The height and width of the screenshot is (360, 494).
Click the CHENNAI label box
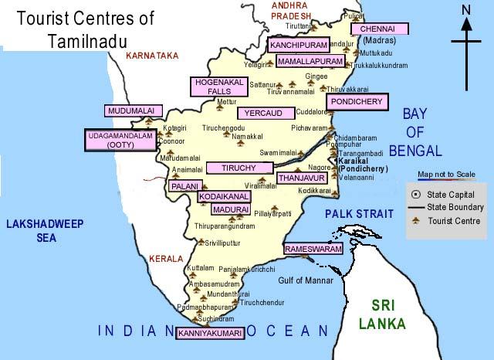(x=378, y=29)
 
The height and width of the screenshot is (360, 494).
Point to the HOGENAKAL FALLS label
(x=212, y=87)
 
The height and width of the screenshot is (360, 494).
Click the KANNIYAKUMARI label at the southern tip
(x=211, y=334)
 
